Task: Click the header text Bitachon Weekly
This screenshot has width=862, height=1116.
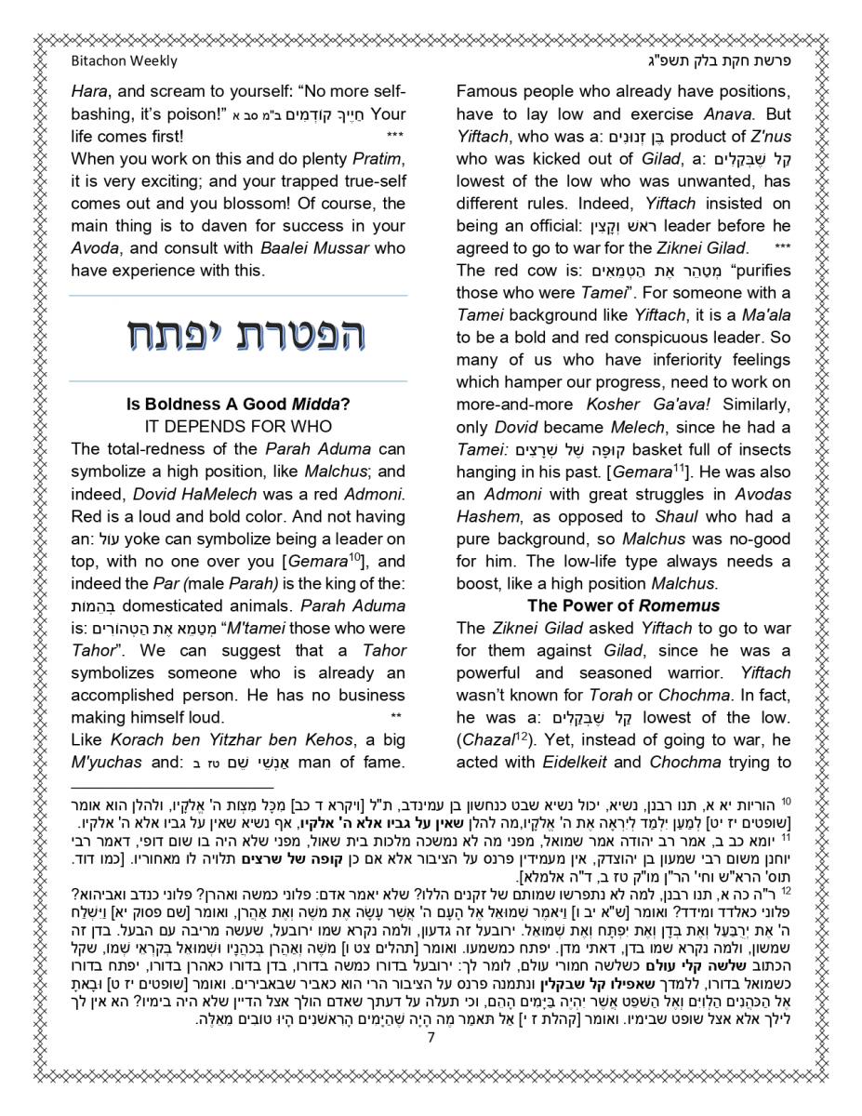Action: coord(124,61)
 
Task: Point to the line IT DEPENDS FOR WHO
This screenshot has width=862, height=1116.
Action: coord(238,427)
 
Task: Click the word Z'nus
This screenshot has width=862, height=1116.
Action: coord(768,137)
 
